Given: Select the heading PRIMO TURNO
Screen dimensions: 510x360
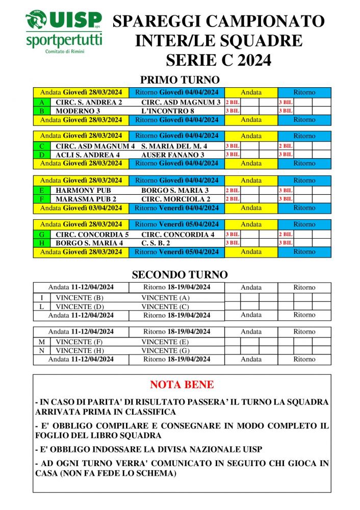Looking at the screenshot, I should [x=179, y=80].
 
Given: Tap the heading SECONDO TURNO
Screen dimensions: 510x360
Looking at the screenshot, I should [x=179, y=275].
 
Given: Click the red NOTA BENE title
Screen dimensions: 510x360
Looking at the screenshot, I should [x=182, y=385].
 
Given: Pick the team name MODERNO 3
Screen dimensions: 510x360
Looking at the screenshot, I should [x=78, y=111].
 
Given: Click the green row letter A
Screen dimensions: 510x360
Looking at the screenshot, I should [x=41, y=102].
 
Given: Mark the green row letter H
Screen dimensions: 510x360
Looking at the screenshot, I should [x=41, y=243].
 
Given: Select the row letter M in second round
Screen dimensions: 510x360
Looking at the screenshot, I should [x=41, y=342].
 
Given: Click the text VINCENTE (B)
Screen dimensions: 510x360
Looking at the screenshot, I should [x=80, y=298].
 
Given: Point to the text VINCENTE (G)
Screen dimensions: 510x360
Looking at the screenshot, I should [x=165, y=350].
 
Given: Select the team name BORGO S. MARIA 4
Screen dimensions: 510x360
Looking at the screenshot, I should [x=89, y=243].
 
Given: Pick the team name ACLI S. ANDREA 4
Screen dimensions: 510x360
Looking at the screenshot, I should [x=88, y=155].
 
